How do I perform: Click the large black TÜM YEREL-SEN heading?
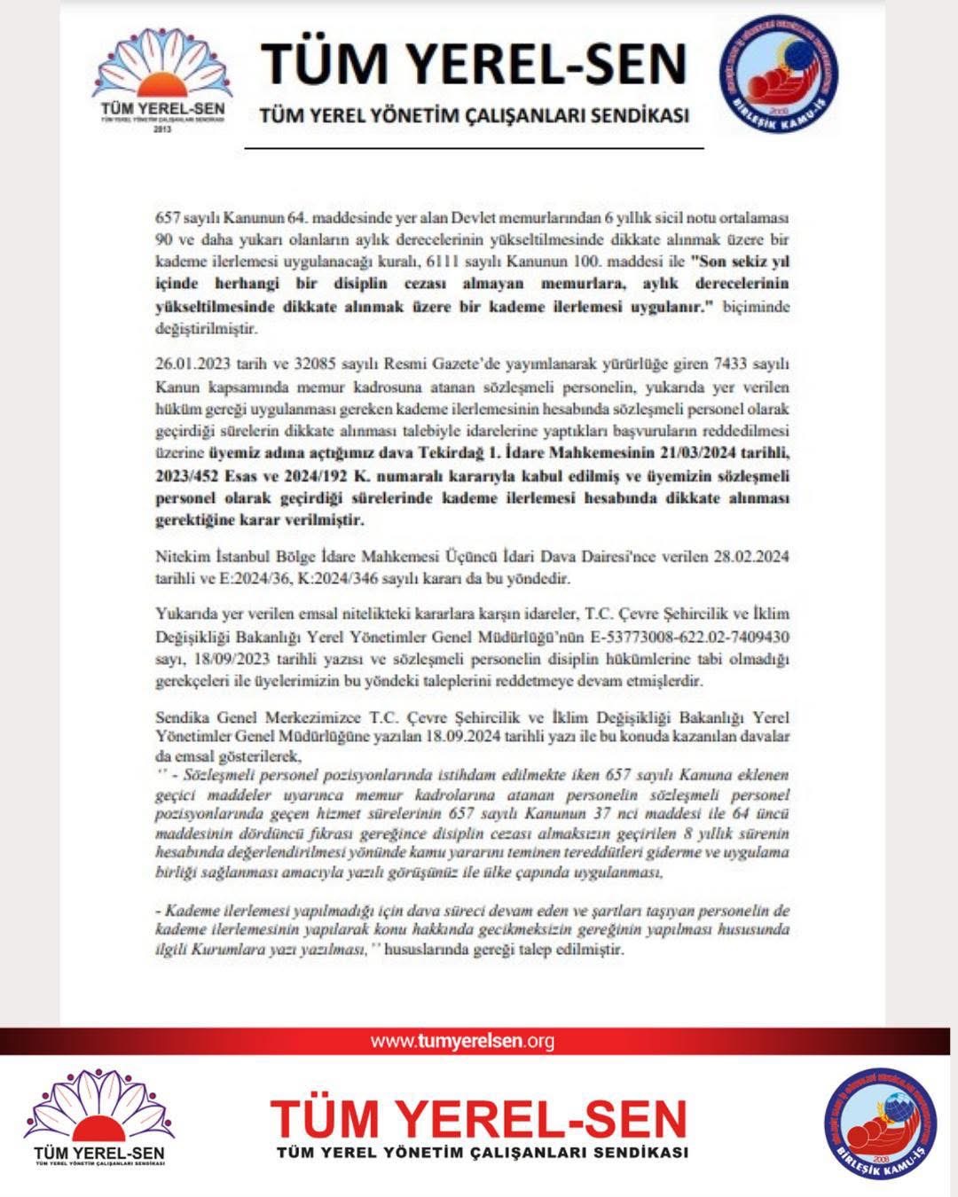(x=474, y=63)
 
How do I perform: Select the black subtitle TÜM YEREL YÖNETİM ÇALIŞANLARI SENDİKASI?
(x=474, y=116)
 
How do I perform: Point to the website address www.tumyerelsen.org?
(x=461, y=1041)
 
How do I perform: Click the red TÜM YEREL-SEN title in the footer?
(x=478, y=1119)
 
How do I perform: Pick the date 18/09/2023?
(x=224, y=660)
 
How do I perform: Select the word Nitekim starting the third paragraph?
(x=181, y=557)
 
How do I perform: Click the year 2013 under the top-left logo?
(x=161, y=129)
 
